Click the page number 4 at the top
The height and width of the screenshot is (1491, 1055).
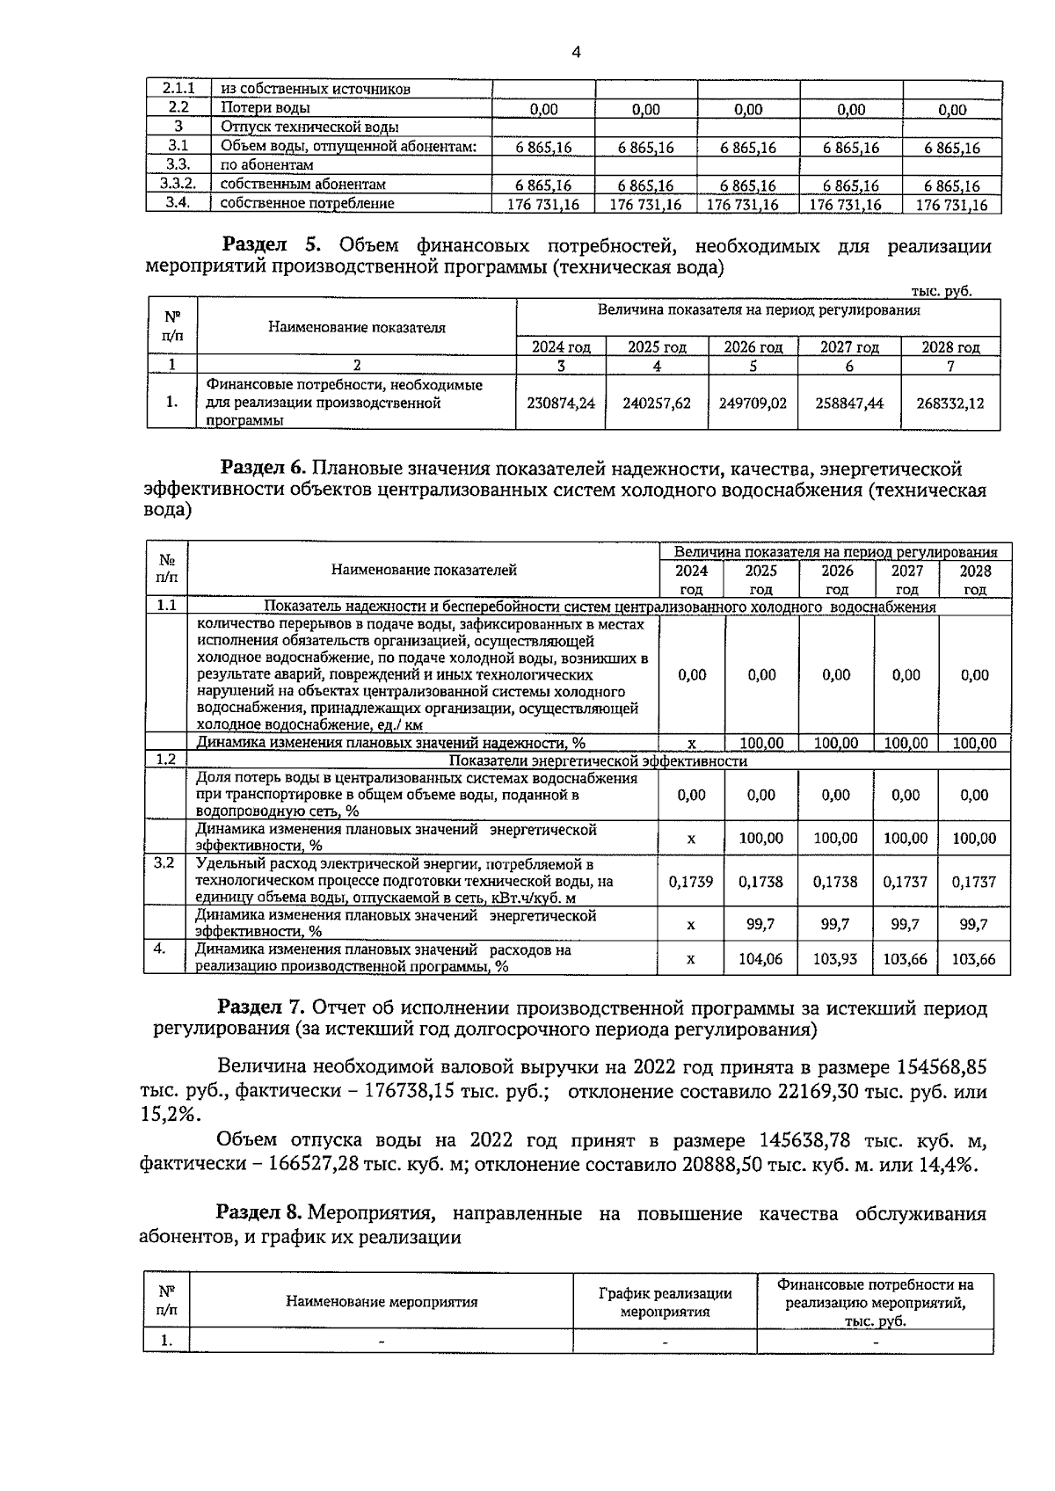(x=576, y=53)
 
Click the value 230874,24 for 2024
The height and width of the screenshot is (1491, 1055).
(x=560, y=404)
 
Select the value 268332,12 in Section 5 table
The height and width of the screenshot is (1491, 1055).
(x=949, y=404)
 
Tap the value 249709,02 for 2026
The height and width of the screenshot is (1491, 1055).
(x=753, y=404)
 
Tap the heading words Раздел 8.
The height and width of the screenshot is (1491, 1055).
(x=260, y=1214)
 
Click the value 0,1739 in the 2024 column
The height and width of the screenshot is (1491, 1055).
(x=691, y=881)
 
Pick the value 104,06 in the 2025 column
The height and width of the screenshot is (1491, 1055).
(x=760, y=959)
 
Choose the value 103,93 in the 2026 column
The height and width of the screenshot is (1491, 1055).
(x=835, y=959)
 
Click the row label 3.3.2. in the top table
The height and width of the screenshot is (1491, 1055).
(x=178, y=185)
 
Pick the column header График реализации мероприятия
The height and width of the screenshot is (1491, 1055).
(x=665, y=1302)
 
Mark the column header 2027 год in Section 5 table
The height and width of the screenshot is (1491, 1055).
(x=849, y=347)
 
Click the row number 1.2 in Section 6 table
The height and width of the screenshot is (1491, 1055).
(x=166, y=760)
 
